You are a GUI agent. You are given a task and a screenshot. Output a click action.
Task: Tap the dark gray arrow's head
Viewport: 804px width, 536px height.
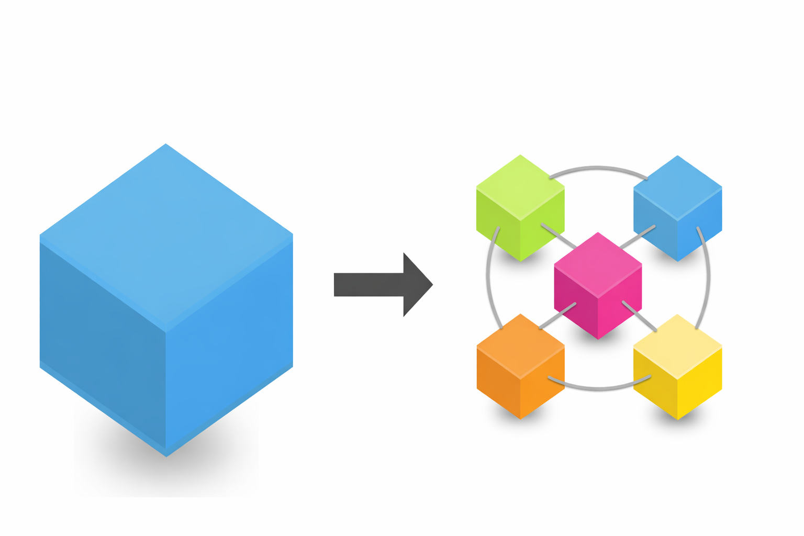coord(416,285)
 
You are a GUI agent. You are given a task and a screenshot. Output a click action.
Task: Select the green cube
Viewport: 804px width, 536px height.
coord(520,209)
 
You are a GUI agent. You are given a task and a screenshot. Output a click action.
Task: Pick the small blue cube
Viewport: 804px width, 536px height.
coord(677,209)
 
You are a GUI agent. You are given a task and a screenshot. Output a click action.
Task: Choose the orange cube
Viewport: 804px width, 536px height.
coord(520,367)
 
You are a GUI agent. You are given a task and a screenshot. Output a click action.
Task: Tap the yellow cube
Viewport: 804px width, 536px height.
coord(677,367)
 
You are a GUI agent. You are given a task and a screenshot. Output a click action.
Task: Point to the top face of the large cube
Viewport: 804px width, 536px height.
coord(166,236)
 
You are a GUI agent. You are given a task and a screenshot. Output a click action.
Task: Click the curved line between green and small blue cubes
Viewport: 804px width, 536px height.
coord(598,168)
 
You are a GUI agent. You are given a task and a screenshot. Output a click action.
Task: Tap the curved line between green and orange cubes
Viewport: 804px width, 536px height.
coord(488,277)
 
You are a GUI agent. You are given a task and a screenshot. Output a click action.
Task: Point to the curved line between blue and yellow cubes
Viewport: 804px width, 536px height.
coord(708,277)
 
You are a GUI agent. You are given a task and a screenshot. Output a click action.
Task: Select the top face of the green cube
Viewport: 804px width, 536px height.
coord(520,186)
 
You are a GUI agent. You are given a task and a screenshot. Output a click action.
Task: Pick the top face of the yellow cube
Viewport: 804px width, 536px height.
coord(677,345)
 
